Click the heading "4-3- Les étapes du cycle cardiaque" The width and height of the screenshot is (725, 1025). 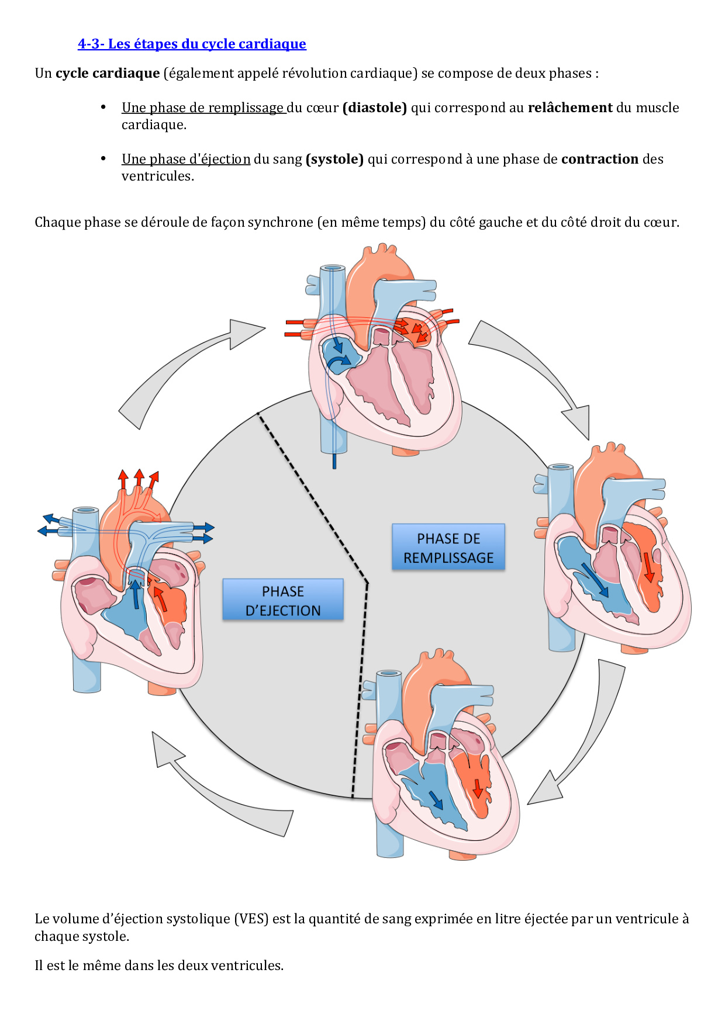(192, 44)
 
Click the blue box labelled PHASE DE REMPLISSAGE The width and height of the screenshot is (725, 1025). (448, 548)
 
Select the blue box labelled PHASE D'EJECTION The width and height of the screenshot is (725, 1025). (283, 600)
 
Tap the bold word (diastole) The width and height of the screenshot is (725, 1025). (375, 108)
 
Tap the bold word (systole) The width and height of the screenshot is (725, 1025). (334, 159)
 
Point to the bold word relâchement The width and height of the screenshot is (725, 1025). (570, 108)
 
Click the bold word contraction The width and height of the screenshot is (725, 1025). (599, 159)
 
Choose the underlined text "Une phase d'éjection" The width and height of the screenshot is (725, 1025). (186, 159)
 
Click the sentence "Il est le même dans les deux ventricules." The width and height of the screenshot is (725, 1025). (159, 965)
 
